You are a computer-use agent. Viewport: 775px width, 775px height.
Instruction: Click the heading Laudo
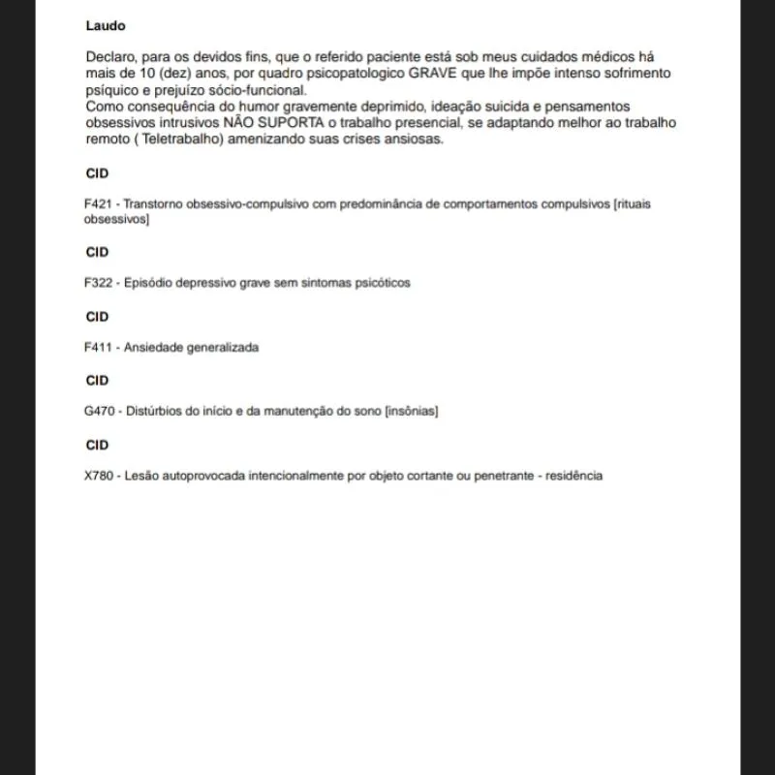click(x=106, y=26)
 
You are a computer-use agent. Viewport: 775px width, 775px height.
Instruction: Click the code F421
click(x=99, y=205)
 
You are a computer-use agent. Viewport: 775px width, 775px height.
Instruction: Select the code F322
click(x=99, y=283)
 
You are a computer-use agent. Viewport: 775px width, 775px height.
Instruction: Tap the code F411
click(x=99, y=347)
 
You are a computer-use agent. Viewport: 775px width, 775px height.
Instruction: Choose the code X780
click(x=100, y=476)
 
